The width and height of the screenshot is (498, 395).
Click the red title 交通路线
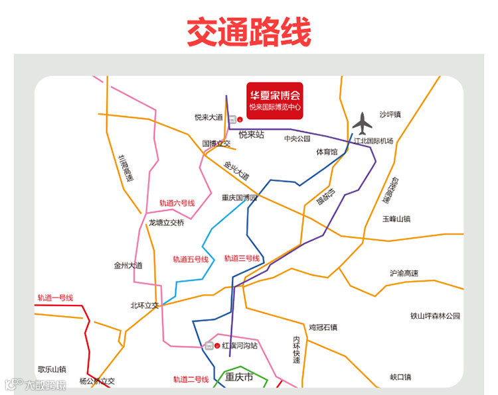click(248, 32)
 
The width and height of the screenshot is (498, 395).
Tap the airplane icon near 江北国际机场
click(362, 123)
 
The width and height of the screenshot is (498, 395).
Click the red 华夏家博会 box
click(274, 100)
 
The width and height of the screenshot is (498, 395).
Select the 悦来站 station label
click(252, 135)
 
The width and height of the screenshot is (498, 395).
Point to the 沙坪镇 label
click(390, 115)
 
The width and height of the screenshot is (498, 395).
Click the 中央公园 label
click(297, 139)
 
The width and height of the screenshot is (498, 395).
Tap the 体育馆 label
click(327, 152)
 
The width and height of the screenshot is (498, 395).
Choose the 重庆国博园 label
click(239, 197)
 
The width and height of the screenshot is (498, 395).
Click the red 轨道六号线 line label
click(177, 203)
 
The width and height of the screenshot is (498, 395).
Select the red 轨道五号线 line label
click(191, 259)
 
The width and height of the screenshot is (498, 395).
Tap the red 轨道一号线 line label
click(55, 298)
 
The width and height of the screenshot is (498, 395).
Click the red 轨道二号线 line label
click(191, 380)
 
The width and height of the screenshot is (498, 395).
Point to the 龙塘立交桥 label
click(166, 223)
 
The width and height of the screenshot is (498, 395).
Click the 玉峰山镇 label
click(397, 218)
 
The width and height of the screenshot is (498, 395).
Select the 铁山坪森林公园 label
click(435, 316)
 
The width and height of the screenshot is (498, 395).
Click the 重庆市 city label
click(239, 378)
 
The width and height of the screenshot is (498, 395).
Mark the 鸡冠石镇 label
click(323, 327)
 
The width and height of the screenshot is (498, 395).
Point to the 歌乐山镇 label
click(52, 369)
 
